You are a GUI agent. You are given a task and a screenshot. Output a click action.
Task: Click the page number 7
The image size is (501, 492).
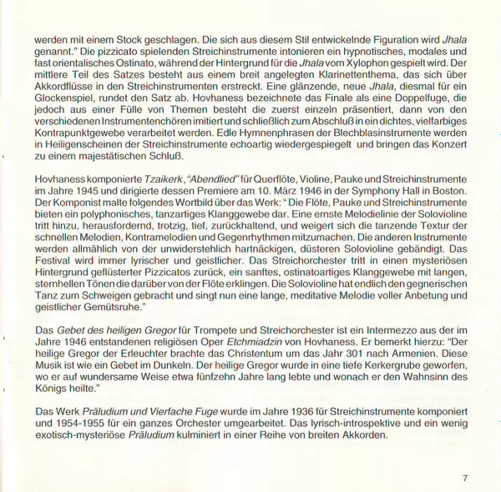pos(465,478)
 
